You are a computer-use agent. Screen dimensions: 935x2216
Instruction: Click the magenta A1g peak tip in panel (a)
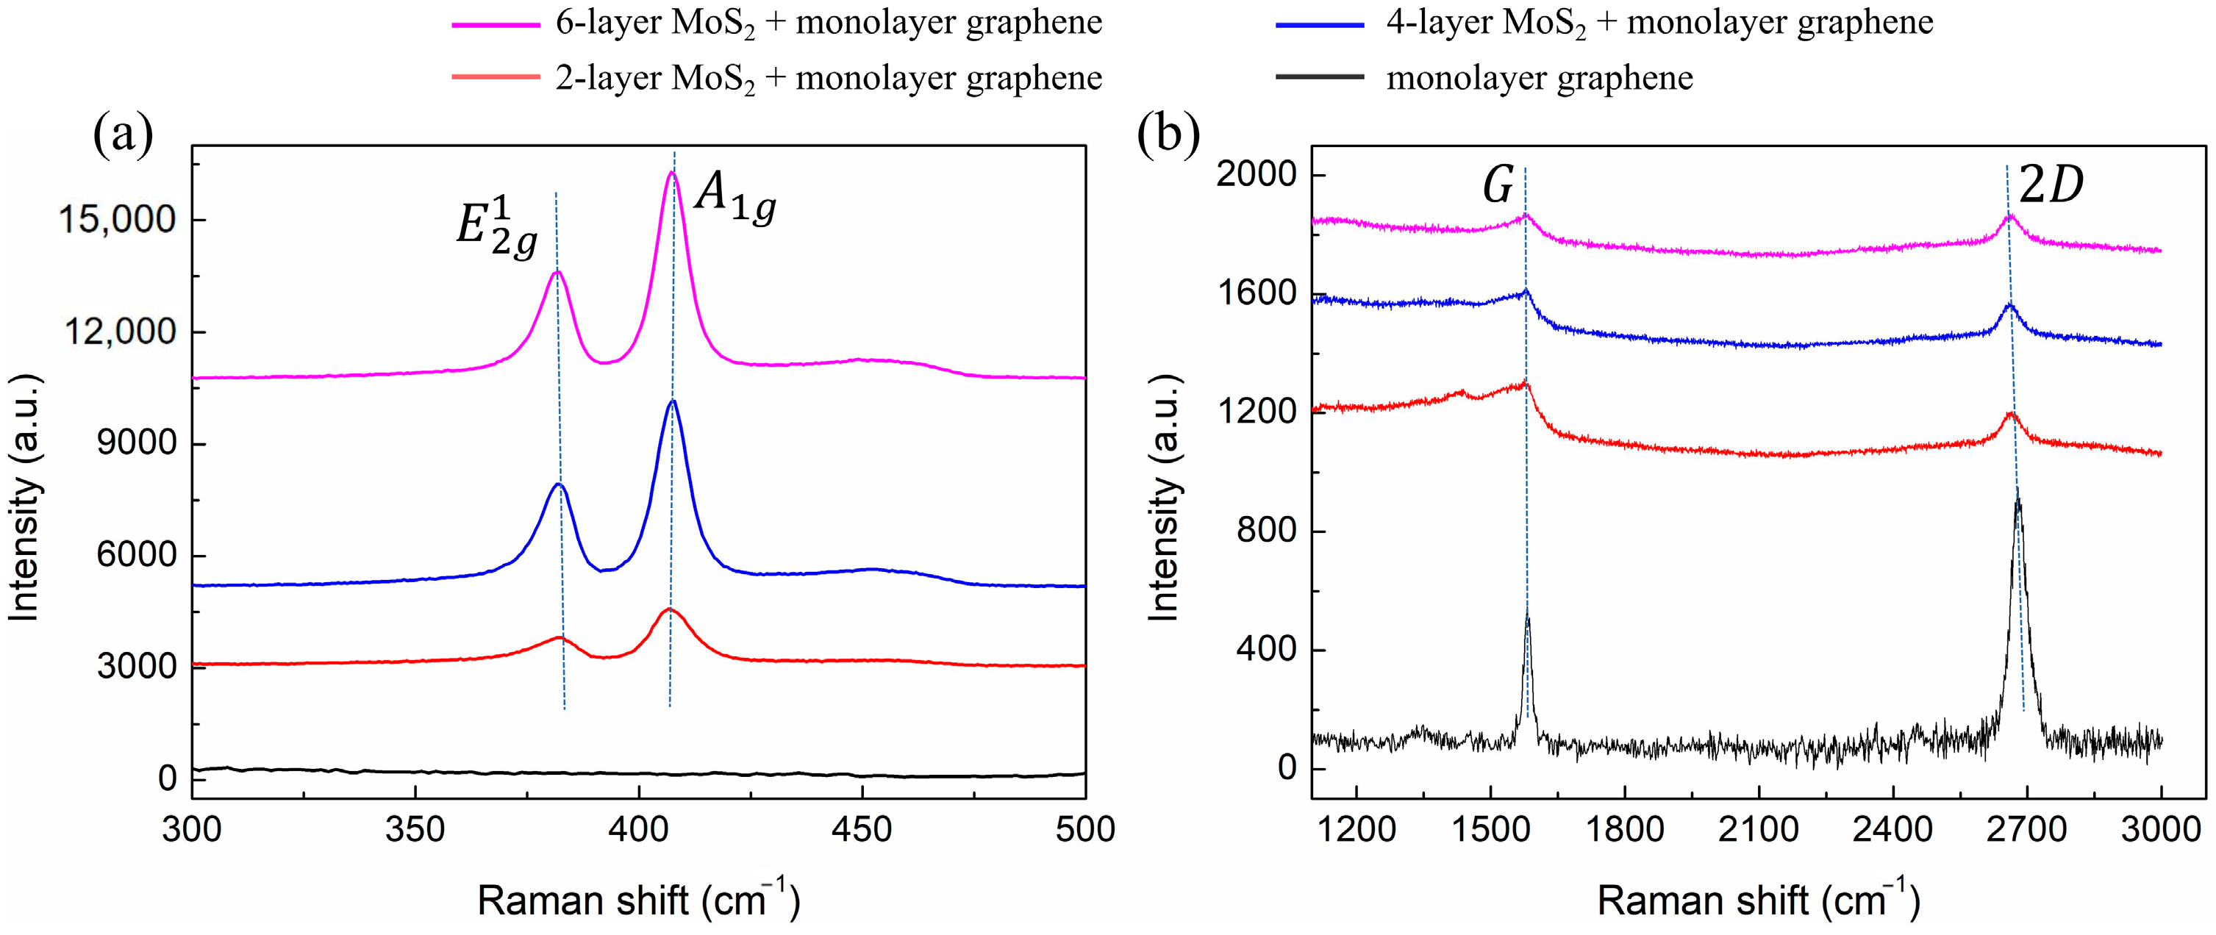pos(672,173)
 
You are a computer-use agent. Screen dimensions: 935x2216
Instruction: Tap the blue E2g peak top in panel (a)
pos(558,484)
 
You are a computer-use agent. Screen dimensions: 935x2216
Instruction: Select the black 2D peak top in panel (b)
pos(2017,492)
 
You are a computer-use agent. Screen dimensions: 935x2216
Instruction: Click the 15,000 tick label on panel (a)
pos(117,221)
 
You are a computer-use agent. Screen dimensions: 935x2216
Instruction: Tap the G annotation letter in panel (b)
pos(1498,186)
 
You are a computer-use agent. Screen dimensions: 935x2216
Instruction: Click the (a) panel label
pos(123,135)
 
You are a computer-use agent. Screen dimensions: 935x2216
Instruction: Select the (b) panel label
pos(1168,135)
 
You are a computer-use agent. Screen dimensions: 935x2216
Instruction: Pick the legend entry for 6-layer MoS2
pos(828,24)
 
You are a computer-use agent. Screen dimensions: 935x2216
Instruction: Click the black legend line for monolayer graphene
pos(1320,78)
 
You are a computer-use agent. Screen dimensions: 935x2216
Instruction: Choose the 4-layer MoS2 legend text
pos(1659,24)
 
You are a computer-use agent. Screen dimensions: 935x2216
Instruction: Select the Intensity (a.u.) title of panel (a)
pos(25,497)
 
